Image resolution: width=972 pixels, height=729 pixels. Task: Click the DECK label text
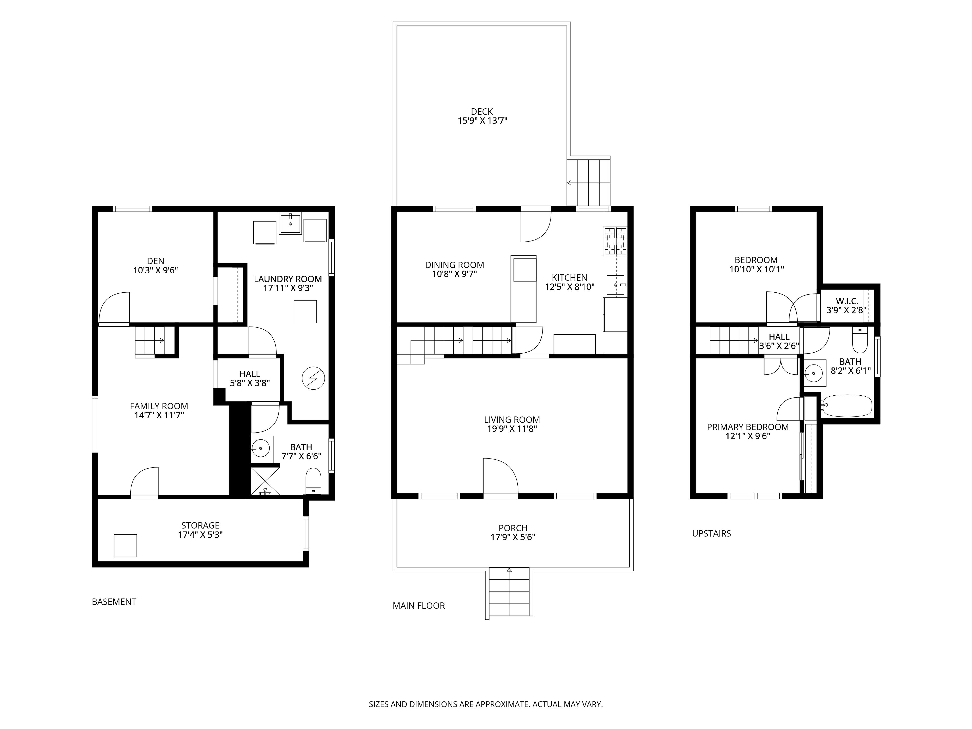482,112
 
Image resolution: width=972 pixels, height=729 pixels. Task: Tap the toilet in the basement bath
313,481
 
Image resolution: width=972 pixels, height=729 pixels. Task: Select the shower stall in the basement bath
265,481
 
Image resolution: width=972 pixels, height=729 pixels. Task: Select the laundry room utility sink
290,223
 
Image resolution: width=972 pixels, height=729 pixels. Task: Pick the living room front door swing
500,476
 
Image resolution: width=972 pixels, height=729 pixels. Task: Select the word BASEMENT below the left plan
114,602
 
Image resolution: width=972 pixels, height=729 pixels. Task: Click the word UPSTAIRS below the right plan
712,533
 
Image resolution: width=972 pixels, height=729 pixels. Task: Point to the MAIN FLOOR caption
419,606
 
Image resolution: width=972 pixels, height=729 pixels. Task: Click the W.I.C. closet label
847,301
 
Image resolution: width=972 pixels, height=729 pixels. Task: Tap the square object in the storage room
125,545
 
